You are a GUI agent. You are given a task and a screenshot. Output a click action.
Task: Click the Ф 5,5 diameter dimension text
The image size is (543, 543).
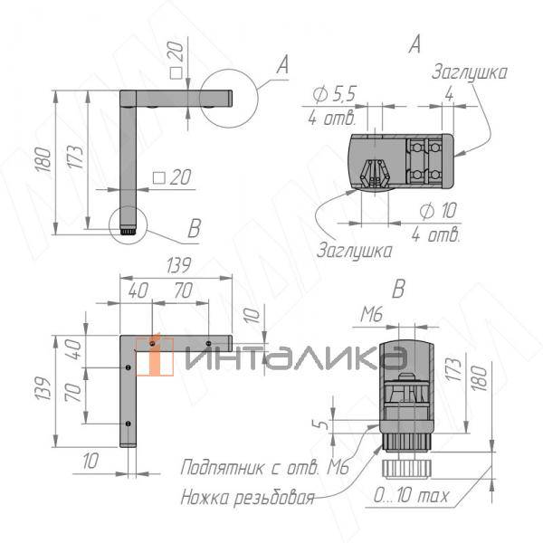pyautogui.click(x=334, y=93)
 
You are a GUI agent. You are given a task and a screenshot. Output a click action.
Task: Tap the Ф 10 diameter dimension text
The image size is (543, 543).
pyautogui.click(x=438, y=210)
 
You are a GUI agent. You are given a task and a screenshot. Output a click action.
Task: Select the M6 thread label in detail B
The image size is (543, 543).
pyautogui.click(x=371, y=314)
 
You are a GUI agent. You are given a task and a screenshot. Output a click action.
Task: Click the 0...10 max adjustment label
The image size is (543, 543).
pyautogui.click(x=411, y=496)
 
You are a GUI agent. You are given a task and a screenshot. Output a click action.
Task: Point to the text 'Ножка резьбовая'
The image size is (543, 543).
pyautogui.click(x=247, y=498)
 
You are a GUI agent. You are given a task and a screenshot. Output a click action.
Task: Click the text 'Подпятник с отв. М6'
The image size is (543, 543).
pyautogui.click(x=264, y=468)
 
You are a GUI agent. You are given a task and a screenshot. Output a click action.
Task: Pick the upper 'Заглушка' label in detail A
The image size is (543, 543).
pyautogui.click(x=469, y=72)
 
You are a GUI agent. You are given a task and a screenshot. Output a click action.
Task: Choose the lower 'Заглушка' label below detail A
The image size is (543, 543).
pyautogui.click(x=355, y=250)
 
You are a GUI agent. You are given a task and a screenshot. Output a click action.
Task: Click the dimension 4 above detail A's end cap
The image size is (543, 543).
pyautogui.click(x=449, y=93)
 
